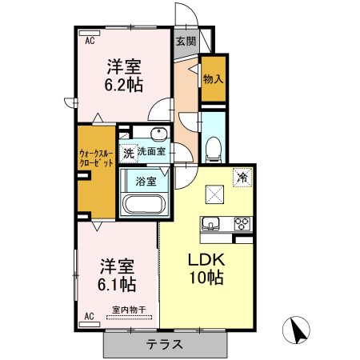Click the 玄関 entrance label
point(186,42)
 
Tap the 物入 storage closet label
point(213,79)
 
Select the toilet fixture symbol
point(214,150)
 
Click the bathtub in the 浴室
point(144,204)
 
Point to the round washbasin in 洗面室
point(159,133)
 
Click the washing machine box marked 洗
point(129,153)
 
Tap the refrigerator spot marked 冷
point(242,178)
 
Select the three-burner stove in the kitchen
point(242,223)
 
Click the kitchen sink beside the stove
point(210,223)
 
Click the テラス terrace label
point(165,345)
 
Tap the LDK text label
point(206,260)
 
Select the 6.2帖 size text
point(123,85)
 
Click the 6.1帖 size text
point(117,284)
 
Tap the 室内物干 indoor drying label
point(129,310)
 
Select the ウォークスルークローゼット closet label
point(96,158)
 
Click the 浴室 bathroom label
point(146,182)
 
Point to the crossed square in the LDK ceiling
point(214,194)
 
